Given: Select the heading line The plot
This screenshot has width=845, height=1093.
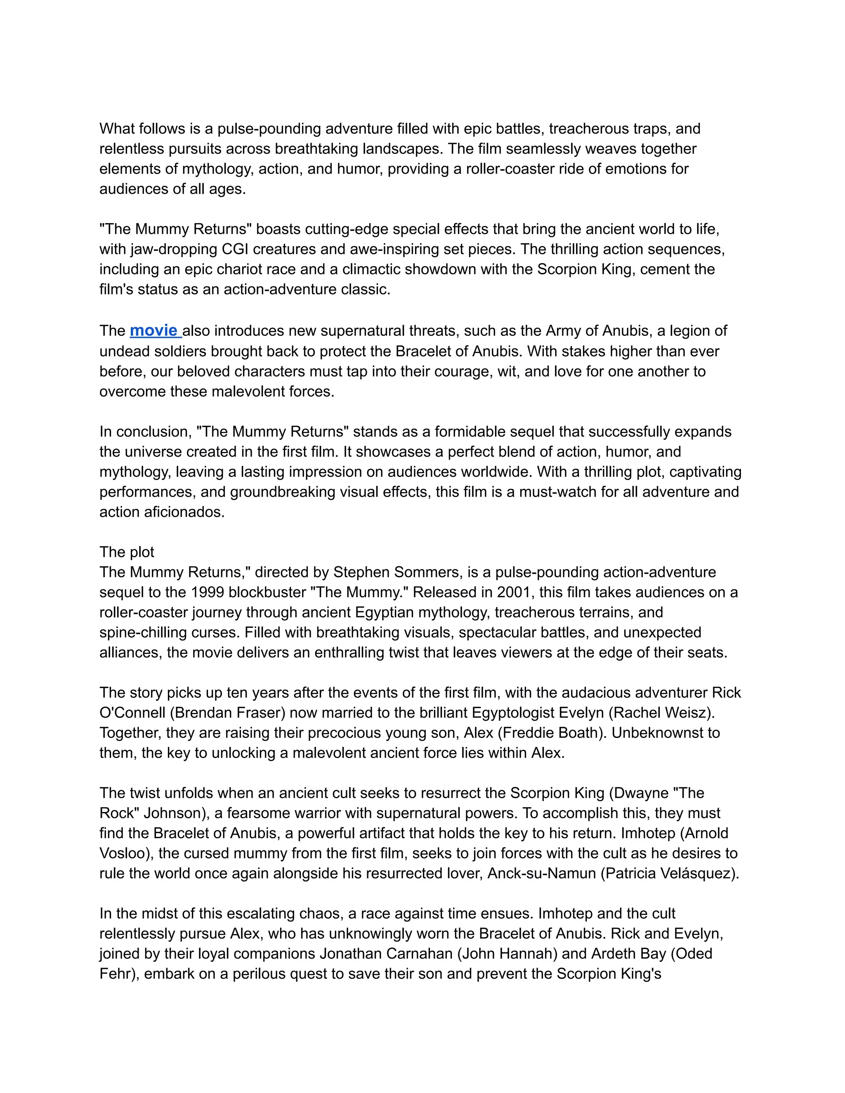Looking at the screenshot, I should pos(127,552).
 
